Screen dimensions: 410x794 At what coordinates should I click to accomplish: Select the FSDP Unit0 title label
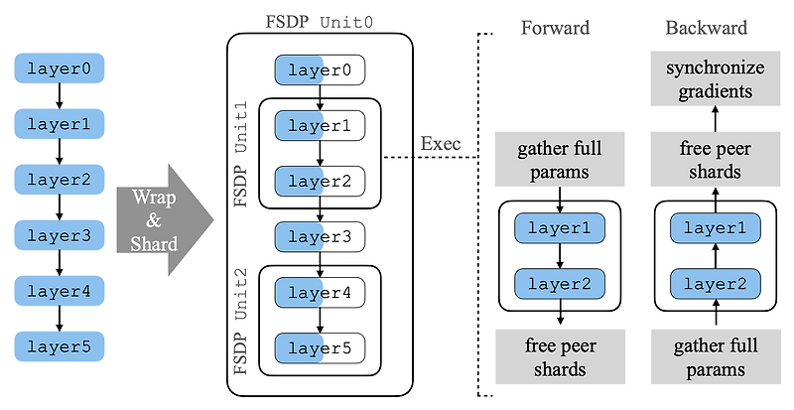(x=319, y=20)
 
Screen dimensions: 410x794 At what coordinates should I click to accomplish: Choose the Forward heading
(x=556, y=27)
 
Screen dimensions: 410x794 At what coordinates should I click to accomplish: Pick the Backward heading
(x=706, y=27)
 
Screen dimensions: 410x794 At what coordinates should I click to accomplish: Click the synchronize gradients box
(x=706, y=80)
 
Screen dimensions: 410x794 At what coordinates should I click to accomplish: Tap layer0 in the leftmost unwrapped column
(x=60, y=69)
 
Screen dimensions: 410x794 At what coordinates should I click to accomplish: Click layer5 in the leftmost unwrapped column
(x=60, y=347)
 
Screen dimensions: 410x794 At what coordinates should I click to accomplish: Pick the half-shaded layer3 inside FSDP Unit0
(x=319, y=236)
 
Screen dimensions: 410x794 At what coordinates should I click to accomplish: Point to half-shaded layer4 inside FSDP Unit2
(x=319, y=293)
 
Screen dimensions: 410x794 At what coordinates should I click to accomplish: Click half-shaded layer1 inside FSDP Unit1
(x=319, y=126)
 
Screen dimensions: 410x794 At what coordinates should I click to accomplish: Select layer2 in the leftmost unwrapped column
(x=60, y=181)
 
